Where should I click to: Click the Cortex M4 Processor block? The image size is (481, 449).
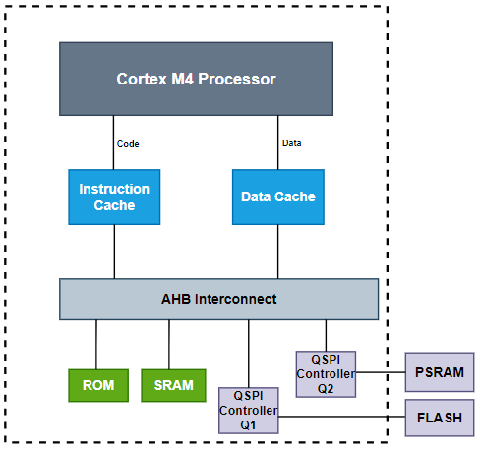196,79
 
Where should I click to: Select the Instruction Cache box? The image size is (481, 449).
114,196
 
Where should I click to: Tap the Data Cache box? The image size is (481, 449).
277,196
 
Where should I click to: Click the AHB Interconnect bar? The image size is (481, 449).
218,299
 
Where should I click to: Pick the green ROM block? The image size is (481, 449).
96,385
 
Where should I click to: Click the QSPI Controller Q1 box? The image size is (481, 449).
248,410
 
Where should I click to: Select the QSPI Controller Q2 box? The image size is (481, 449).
326,373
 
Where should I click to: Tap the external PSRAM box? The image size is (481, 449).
440,373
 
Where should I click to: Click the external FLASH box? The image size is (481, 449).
440,417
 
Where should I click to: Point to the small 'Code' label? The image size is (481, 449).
128,144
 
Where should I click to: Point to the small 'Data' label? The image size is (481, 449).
291,143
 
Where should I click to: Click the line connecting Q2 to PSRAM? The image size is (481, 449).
381,373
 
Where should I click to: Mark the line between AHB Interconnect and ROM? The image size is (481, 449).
96,344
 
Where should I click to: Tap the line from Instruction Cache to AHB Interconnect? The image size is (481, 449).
114,252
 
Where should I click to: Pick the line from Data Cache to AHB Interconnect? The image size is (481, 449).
277,252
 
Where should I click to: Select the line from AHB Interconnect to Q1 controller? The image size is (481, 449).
248,353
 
